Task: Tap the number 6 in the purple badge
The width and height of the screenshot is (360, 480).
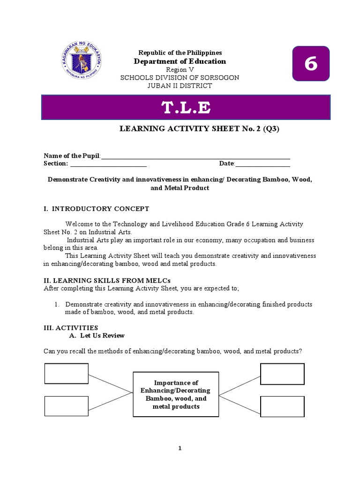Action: coord(311,64)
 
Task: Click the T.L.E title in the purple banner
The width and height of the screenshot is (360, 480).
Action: coord(186,108)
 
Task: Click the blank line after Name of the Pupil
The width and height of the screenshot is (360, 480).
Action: coord(195,156)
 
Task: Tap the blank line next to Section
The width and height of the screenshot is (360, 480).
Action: coord(108,164)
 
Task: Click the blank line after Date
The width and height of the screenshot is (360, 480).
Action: coord(262,164)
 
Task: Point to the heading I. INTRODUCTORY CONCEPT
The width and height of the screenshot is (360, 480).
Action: coord(96,209)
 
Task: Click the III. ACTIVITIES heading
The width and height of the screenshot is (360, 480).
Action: coord(71,328)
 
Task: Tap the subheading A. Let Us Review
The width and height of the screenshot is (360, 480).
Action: coord(97,336)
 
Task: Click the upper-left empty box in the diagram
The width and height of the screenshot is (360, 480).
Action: coord(66,373)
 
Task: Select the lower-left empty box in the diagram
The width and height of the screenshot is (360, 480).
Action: coord(66,406)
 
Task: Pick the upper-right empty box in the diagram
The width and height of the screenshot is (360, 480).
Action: coord(282,374)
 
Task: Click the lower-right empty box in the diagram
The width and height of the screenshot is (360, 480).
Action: coord(282,406)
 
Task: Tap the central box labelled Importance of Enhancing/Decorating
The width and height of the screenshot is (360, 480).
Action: coord(176,394)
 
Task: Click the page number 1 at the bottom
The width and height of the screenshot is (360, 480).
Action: coord(180,449)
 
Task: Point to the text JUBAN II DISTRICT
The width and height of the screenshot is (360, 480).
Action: coord(180,86)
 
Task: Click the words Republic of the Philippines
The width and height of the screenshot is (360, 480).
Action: coord(180,53)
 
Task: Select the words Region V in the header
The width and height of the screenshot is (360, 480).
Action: coord(180,69)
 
